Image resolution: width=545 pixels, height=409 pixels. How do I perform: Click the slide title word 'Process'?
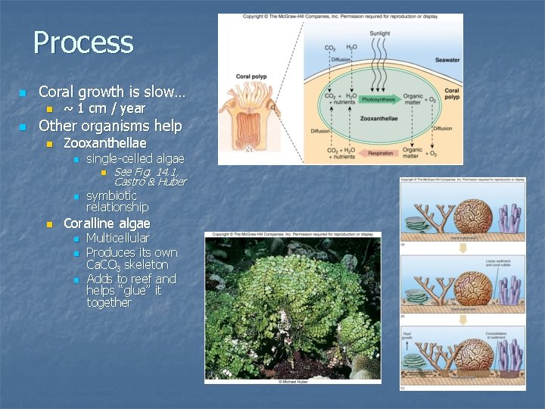83,42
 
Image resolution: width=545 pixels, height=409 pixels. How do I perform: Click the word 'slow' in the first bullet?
160,92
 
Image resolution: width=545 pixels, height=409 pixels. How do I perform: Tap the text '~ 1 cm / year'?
104,108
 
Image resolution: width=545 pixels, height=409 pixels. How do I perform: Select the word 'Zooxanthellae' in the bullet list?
105,142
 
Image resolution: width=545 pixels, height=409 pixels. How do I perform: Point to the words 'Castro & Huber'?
150,182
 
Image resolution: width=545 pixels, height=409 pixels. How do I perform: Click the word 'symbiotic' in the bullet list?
111,195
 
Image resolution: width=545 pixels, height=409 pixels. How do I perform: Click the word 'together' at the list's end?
109,302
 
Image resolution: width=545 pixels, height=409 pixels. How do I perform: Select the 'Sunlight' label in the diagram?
380,33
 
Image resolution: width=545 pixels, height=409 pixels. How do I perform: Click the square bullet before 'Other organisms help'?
23,126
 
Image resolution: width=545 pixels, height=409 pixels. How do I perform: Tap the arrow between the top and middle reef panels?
462,249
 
